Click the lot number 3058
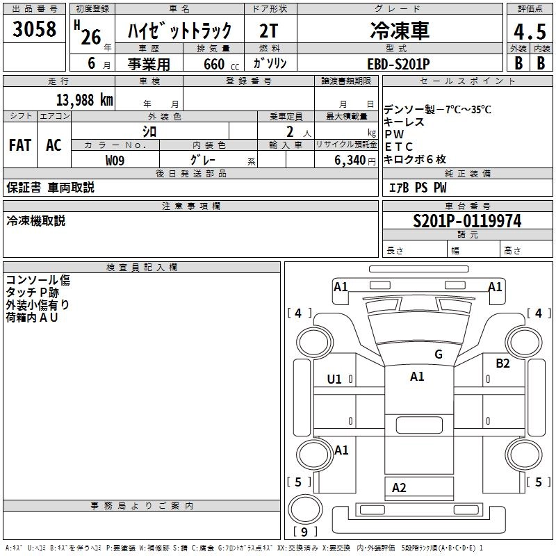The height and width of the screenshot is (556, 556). (34, 31)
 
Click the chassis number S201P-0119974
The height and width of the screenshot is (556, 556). (466, 222)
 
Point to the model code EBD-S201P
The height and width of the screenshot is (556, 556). (398, 63)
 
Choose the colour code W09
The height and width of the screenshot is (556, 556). (115, 160)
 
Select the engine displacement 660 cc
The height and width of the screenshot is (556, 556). (213, 64)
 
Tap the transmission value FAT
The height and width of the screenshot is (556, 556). (20, 145)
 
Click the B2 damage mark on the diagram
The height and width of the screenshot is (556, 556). (502, 363)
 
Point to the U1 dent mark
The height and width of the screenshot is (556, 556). (334, 379)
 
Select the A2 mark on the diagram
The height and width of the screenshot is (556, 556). (399, 488)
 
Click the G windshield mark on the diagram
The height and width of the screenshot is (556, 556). (439, 354)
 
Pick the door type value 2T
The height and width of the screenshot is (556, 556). (270, 31)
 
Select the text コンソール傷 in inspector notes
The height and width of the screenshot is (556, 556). (38, 281)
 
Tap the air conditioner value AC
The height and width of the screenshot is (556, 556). (54, 145)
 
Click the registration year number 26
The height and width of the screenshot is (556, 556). (90, 37)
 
